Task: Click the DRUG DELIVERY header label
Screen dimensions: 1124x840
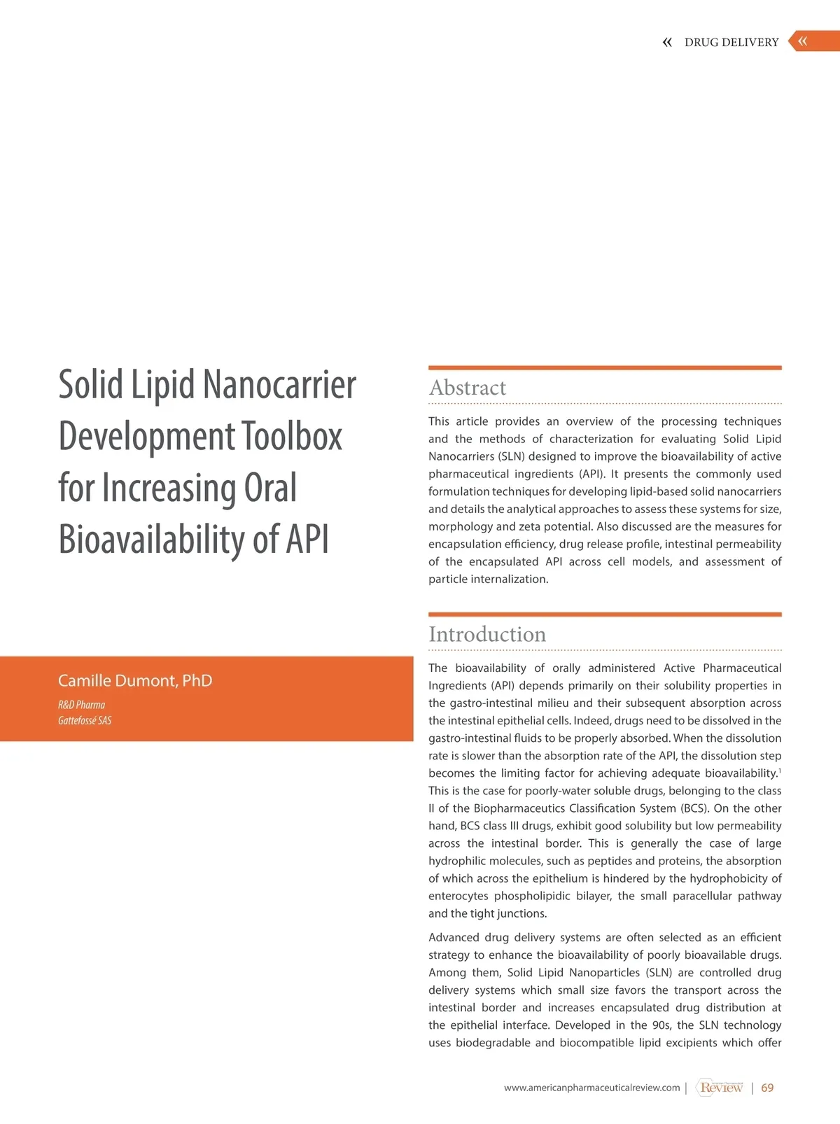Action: coord(731,42)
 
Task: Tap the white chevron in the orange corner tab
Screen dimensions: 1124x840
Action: coord(803,41)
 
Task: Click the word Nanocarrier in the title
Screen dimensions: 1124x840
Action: coord(279,385)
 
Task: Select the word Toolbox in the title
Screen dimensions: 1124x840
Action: coord(292,437)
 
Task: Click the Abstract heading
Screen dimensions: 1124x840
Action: coord(468,388)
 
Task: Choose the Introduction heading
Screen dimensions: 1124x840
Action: coord(487,634)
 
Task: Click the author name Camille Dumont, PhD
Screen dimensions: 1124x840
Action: coord(135,680)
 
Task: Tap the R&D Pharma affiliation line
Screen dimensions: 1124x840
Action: coord(81,705)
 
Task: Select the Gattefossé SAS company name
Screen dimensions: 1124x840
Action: coord(85,720)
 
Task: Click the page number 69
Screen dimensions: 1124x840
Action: coord(767,1088)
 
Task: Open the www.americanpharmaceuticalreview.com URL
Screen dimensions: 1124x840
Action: coord(591,1088)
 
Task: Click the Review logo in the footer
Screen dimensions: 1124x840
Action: coord(720,1087)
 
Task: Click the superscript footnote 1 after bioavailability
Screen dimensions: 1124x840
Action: coord(780,771)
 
